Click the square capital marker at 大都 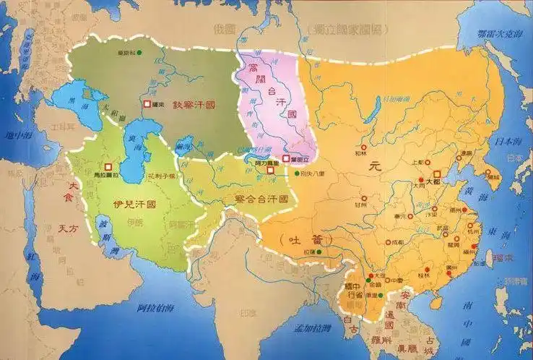tap(436, 174)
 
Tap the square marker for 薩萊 tap(147, 105)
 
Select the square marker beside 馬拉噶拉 tap(108, 166)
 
